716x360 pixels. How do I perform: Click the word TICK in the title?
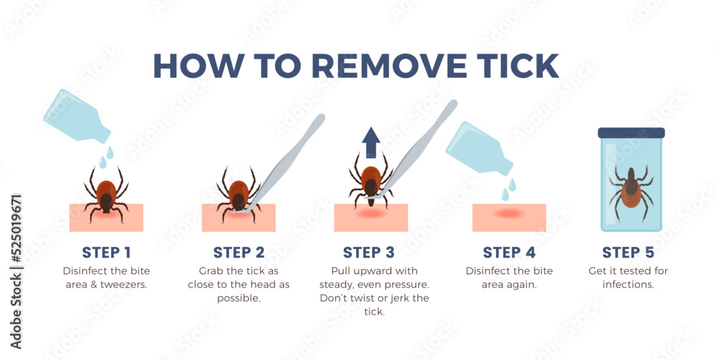tap(513, 66)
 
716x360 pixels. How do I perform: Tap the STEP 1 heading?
tap(107, 253)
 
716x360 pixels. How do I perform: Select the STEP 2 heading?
tap(239, 253)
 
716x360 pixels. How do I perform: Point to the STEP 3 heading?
tap(369, 253)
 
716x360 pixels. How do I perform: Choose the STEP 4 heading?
tap(508, 253)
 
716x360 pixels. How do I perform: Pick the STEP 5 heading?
tap(629, 253)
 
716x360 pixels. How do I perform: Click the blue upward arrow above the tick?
tap(372, 142)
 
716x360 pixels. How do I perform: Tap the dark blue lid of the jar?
tap(631, 133)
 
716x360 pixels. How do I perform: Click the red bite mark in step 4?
tap(509, 213)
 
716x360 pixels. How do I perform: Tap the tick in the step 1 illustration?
tap(107, 194)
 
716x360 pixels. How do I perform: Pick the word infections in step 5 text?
tap(629, 285)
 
